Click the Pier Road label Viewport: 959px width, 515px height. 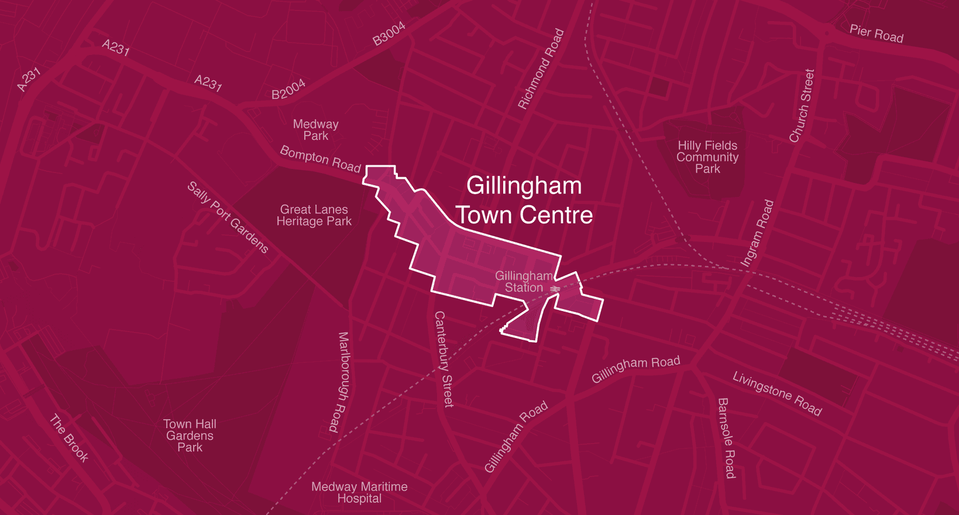click(x=876, y=34)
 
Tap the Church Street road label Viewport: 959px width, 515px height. click(x=802, y=106)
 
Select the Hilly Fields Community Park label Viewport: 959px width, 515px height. click(x=707, y=157)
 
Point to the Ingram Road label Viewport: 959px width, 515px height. click(x=757, y=233)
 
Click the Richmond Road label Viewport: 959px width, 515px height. click(x=541, y=69)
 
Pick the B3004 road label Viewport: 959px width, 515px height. click(x=389, y=34)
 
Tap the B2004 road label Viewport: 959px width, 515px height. click(x=288, y=89)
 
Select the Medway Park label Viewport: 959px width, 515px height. click(x=315, y=130)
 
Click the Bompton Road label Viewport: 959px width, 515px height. click(x=320, y=159)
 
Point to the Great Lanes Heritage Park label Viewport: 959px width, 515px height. click(x=314, y=215)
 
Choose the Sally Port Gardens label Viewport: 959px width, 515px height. click(x=228, y=217)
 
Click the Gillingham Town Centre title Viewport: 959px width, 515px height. click(x=524, y=201)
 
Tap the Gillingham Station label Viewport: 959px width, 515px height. click(x=524, y=282)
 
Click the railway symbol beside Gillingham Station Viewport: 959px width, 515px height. click(x=555, y=289)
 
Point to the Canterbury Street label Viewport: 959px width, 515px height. click(x=444, y=359)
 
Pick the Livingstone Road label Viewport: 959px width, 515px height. click(x=777, y=394)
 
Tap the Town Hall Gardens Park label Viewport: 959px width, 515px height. click(x=190, y=435)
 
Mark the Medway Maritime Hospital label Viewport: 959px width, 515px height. click(x=359, y=492)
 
